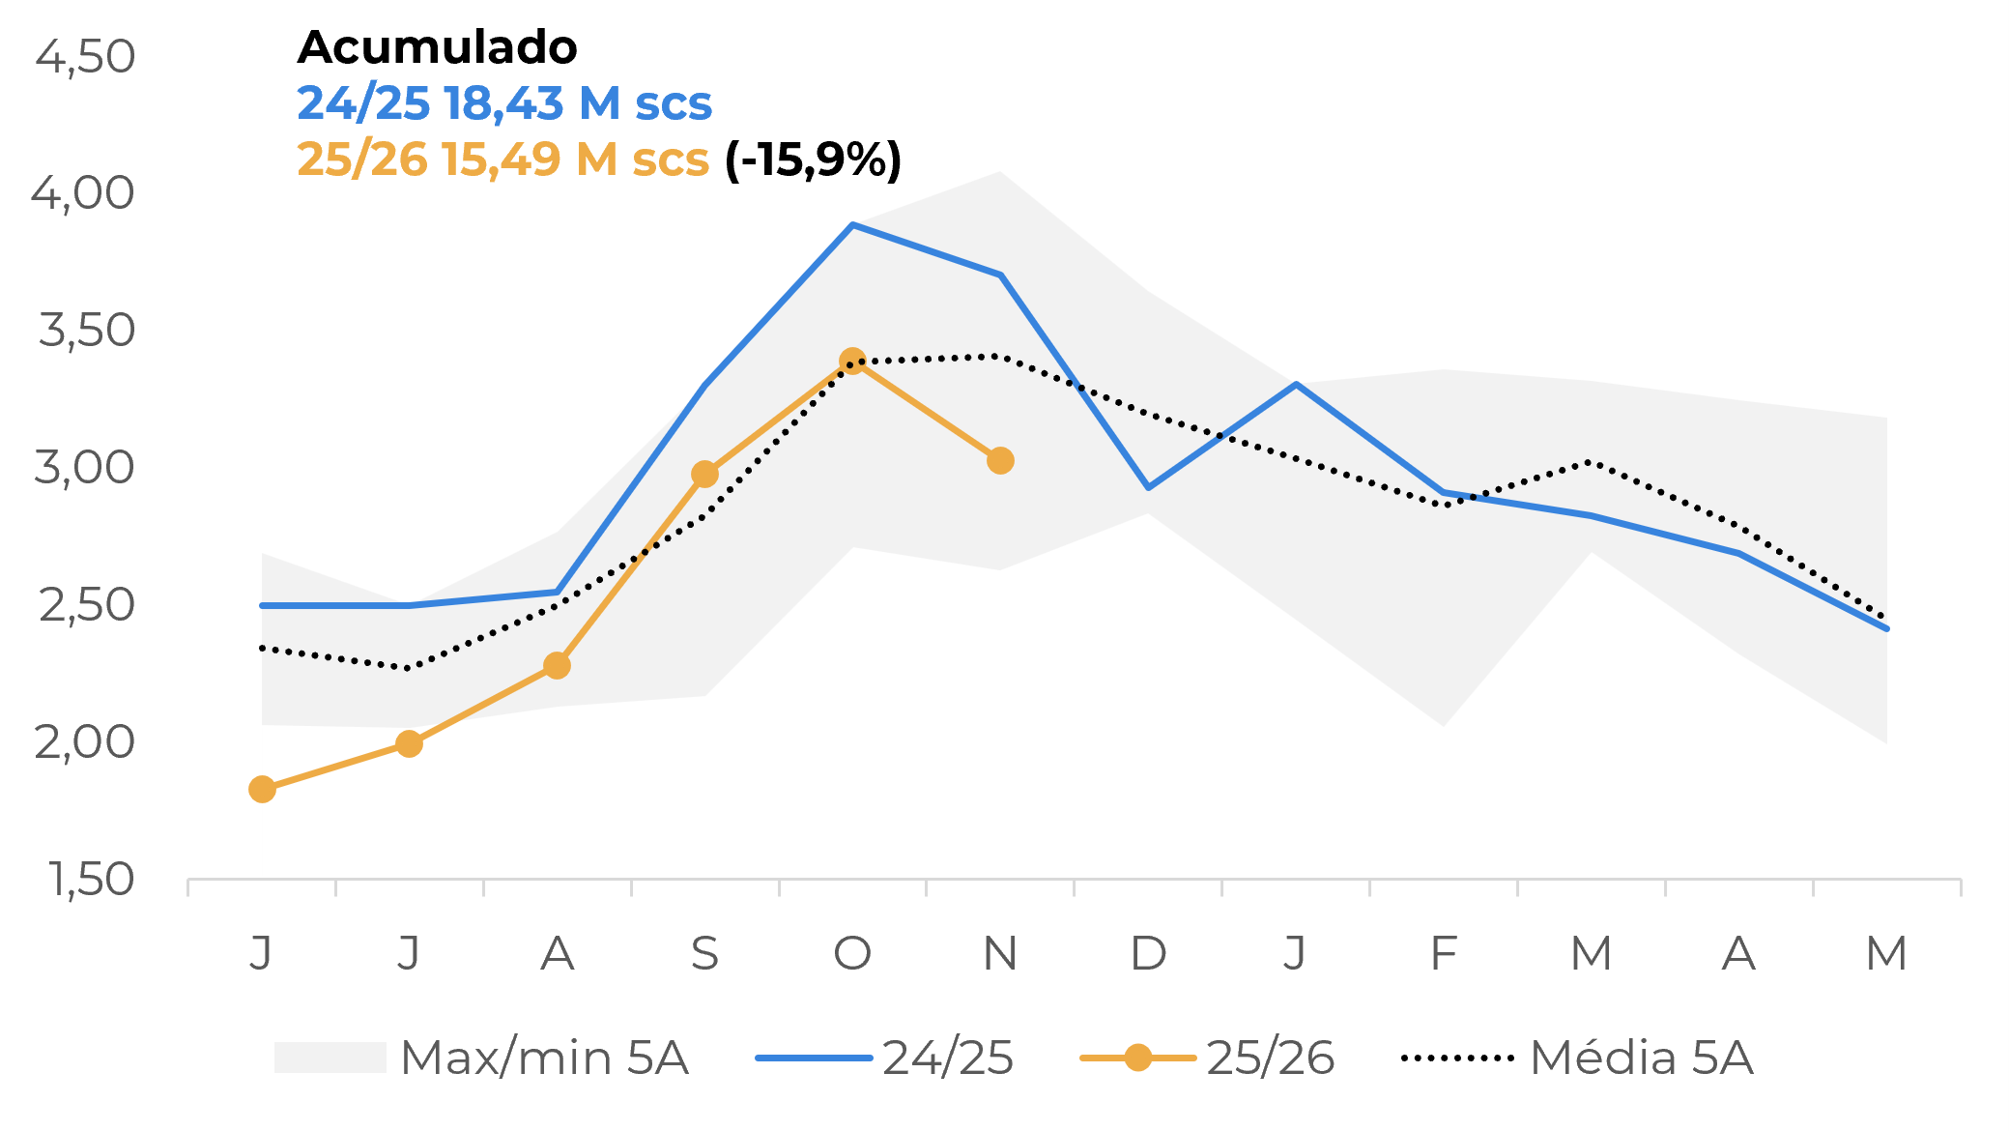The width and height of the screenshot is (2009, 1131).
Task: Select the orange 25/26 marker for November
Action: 1000,461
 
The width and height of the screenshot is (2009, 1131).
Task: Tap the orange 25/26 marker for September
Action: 704,475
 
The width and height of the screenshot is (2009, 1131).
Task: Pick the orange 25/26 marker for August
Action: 557,666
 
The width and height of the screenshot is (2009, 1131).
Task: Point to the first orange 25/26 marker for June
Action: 262,790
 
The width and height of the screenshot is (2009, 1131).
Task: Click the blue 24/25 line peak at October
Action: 852,225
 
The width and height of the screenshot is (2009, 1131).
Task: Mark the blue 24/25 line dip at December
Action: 1148,487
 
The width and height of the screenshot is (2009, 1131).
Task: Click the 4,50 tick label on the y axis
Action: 85,56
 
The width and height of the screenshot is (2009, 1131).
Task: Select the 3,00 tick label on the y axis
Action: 85,468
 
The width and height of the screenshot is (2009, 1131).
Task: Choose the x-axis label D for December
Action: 1148,954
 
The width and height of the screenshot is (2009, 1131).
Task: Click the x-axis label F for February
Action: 1444,954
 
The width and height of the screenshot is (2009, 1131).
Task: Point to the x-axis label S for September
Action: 704,954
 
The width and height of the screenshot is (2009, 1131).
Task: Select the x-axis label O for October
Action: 852,954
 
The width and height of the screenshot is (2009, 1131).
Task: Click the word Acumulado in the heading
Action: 437,46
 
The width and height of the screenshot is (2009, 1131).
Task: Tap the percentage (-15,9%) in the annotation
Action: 813,159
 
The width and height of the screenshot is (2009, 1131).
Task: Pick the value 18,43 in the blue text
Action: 504,103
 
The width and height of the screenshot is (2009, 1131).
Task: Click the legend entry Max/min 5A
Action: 543,1058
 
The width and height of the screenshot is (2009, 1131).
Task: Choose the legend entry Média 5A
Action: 1641,1058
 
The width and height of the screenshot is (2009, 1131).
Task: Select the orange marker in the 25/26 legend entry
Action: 1138,1058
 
